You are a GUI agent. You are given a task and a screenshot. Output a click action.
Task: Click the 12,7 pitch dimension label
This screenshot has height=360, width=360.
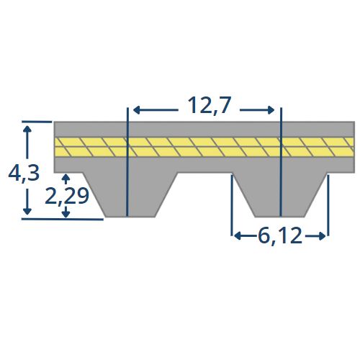[x=210, y=106]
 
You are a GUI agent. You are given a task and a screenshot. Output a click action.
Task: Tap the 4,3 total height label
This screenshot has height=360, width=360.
[x=24, y=174]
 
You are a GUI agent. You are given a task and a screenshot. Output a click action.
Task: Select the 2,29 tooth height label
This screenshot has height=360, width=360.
[x=67, y=196]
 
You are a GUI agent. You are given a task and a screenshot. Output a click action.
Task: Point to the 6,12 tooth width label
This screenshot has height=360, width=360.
[x=280, y=236]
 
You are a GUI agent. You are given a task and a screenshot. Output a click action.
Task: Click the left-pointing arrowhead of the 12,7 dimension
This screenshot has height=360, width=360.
[x=137, y=110]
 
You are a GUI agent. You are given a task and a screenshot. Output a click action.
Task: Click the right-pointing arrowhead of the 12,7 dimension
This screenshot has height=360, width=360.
[x=271, y=110]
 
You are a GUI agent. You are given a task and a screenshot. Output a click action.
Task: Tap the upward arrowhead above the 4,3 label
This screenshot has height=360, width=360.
[x=27, y=129]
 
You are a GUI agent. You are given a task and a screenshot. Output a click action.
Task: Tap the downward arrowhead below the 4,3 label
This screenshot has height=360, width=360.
[x=27, y=211]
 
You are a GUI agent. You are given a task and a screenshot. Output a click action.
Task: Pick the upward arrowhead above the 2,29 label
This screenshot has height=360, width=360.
[x=66, y=178]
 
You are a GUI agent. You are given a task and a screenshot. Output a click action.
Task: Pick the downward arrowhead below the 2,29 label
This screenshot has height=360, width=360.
[x=66, y=214]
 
